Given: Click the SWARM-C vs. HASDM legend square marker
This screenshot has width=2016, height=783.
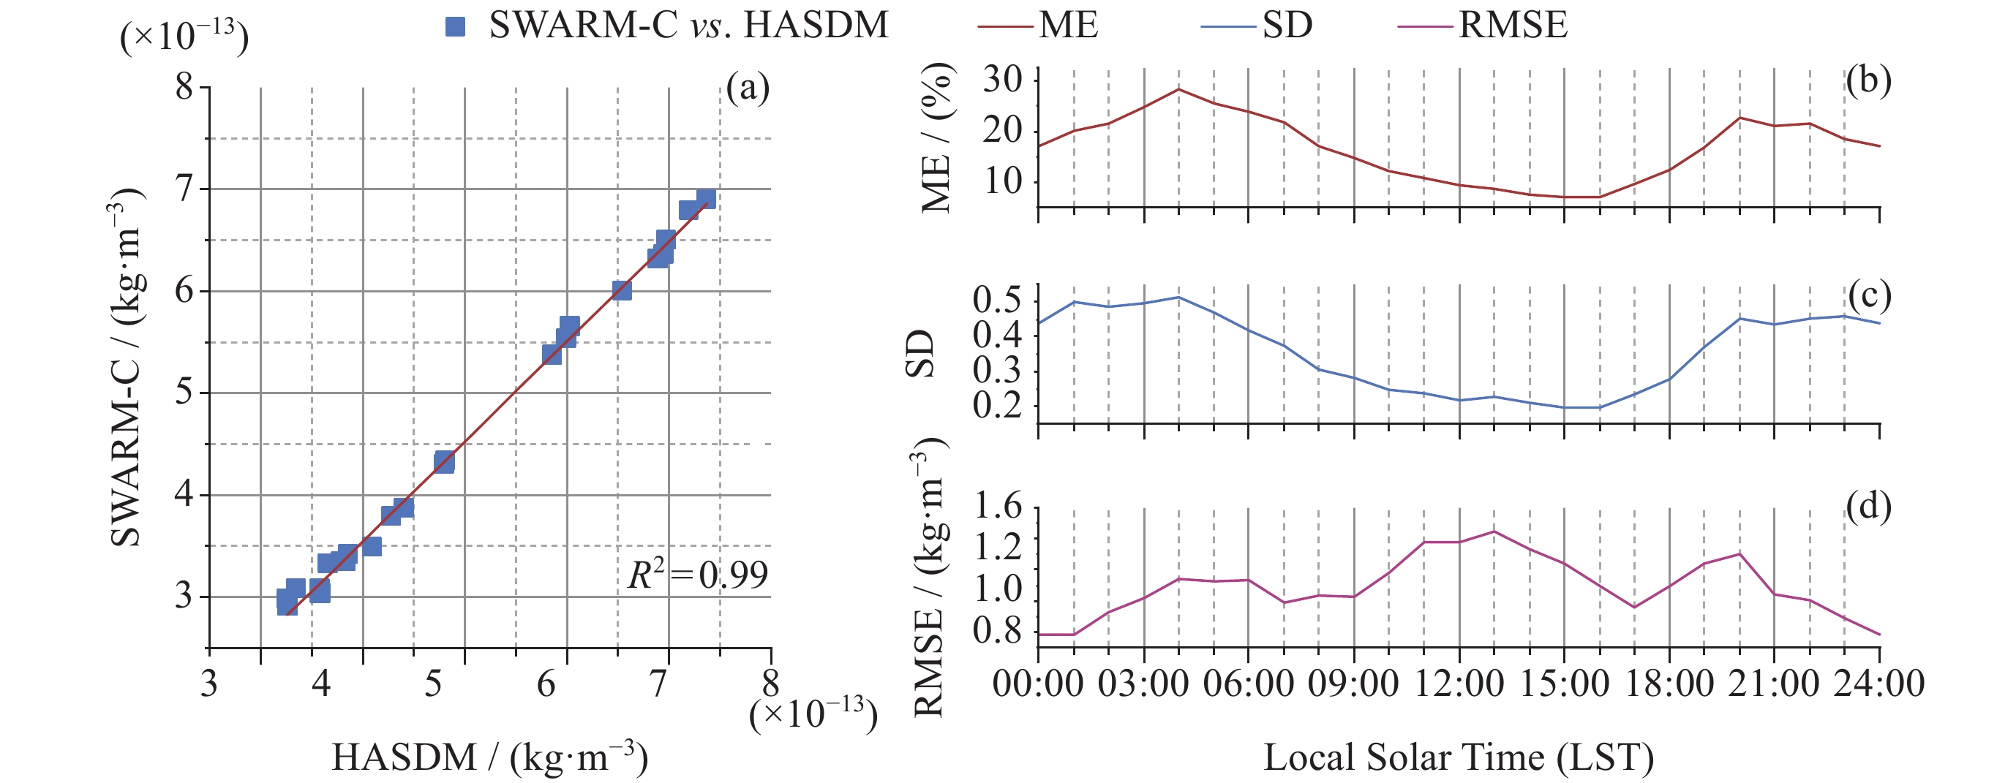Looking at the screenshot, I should [x=455, y=26].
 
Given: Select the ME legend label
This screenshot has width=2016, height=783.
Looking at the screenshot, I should [x=1068, y=26].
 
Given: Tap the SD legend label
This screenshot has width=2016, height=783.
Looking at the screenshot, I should [x=1287, y=26].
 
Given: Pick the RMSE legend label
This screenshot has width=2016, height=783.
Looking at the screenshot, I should [x=1513, y=26].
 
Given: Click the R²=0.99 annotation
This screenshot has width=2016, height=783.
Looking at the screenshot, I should [x=697, y=575].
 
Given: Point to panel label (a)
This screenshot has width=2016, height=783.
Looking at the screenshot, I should [x=748, y=88].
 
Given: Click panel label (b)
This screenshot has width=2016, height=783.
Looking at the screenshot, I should [x=1868, y=80].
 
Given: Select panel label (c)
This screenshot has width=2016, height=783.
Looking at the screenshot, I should [x=1869, y=295].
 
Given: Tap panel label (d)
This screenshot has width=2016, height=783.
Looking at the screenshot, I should [x=1868, y=507].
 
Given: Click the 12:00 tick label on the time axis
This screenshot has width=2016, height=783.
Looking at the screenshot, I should [x=1459, y=684].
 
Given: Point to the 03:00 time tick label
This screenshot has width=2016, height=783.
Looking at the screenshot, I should [x=1143, y=684].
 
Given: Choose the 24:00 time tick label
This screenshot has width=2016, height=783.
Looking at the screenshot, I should [x=1879, y=684].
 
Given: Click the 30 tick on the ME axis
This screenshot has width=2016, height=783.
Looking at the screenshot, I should [x=1003, y=79].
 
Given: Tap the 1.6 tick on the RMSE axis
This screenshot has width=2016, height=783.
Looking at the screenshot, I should [x=998, y=507].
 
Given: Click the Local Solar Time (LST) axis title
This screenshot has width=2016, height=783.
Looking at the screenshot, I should [x=1459, y=757].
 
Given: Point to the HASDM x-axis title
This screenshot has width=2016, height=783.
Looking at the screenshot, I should [x=490, y=757].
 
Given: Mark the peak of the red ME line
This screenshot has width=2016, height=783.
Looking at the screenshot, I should [x=1178, y=88].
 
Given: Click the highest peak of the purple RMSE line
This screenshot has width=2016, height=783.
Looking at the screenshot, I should [x=1494, y=531].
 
